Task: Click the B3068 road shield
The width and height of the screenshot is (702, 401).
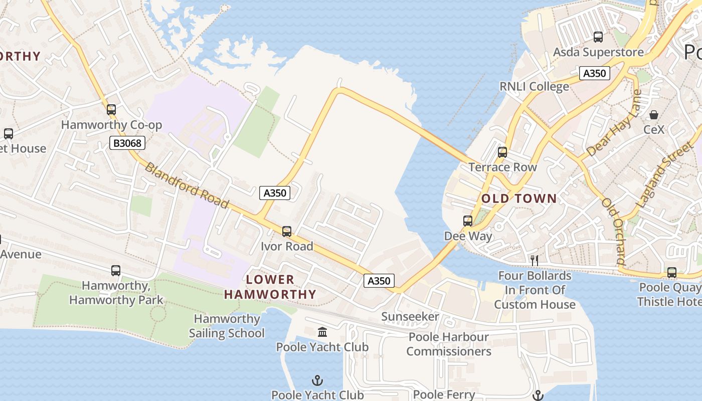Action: point(127,143)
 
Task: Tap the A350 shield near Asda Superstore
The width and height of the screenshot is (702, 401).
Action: point(595,73)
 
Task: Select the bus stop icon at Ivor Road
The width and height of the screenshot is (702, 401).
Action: point(287,232)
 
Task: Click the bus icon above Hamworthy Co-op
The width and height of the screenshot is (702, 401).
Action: point(111,109)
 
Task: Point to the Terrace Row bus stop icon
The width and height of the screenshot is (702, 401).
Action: point(502,152)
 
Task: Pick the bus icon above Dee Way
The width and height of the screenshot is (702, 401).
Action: point(468,221)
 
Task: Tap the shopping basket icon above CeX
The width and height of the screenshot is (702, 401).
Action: point(654,115)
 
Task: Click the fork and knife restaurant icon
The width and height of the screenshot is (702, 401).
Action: point(535,260)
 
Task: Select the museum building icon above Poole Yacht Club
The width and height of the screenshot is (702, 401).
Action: point(322,332)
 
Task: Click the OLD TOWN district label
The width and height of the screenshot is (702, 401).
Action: point(519,198)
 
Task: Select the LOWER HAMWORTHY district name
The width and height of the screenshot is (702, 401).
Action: point(270,287)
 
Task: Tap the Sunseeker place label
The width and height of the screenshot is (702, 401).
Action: point(410,317)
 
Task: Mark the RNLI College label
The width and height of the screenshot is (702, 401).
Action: point(534,87)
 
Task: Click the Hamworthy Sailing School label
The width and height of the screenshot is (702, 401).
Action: point(227,326)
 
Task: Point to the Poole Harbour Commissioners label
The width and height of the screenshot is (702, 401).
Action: point(449,344)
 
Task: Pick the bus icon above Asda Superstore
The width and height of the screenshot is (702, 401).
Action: point(598,37)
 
